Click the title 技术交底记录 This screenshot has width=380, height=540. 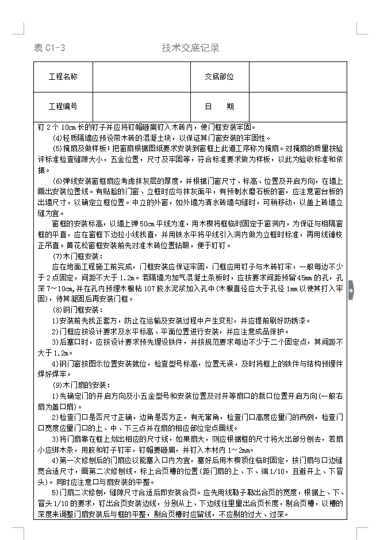190,48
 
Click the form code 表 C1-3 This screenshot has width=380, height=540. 49,48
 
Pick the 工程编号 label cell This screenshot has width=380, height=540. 63,107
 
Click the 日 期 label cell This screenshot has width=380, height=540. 219,107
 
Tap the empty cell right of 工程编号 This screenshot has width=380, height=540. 141,107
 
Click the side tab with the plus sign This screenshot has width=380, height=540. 351,291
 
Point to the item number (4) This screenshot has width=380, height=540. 58,138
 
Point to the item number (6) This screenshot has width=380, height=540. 58,180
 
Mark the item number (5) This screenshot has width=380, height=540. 58,148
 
